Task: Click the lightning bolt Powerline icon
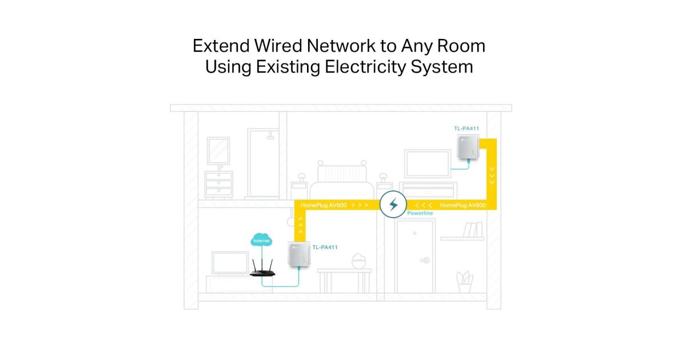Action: tap(393, 204)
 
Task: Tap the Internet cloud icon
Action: tap(261, 241)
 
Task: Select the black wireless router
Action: tap(262, 269)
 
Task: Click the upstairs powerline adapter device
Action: tap(468, 147)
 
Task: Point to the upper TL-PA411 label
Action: tap(466, 129)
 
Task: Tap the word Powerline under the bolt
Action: tap(420, 213)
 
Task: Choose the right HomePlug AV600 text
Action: tap(463, 204)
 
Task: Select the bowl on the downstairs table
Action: tap(358, 262)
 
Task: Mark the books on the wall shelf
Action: tap(470, 230)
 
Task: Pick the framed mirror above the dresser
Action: tap(218, 151)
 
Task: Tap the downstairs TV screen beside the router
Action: tap(230, 263)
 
